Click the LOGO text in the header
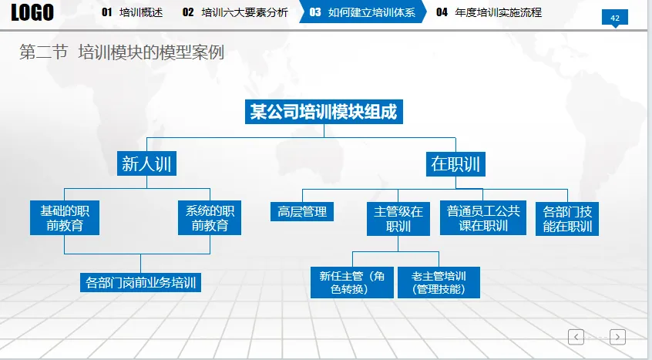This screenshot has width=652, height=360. click(x=32, y=12)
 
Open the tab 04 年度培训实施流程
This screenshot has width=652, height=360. click(x=489, y=12)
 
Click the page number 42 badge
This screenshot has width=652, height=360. click(x=615, y=18)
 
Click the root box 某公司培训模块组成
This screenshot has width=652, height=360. click(x=324, y=112)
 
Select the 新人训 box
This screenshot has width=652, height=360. click(x=146, y=163)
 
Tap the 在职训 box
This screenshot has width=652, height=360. click(x=455, y=163)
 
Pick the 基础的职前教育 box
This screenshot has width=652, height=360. click(x=64, y=217)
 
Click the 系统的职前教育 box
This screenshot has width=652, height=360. click(x=210, y=217)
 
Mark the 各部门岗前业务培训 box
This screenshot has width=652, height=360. click(x=140, y=282)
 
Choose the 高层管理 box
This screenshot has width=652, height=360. click(x=302, y=211)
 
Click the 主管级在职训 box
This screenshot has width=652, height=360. click(x=398, y=219)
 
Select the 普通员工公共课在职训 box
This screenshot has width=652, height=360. click(x=483, y=218)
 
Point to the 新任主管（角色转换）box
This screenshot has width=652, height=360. click(x=352, y=282)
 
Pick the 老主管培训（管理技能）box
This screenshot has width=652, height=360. click(x=439, y=282)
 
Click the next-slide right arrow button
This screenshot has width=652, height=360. click(x=617, y=336)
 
